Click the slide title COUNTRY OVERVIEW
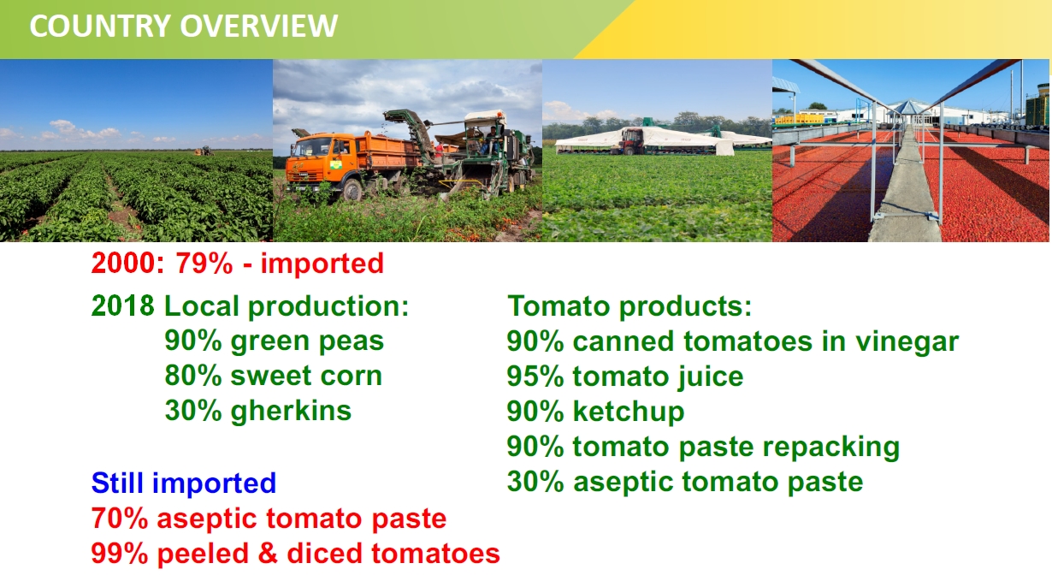pos(184,26)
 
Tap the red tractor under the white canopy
pos(632,141)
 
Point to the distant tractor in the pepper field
pos(204,151)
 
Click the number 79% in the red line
pos(204,263)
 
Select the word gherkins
pos(291,411)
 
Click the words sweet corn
pos(306,376)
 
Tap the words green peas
pos(307,342)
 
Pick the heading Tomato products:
pos(629,306)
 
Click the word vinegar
pos(907,342)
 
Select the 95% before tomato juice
pos(535,376)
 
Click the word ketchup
pos(629,412)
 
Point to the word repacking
pos(831,448)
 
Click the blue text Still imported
pos(184,483)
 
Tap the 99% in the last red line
pos(120,554)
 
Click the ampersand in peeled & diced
pos(268,554)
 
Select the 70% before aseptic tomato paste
pos(120,519)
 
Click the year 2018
pos(122,305)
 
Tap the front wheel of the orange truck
pos(352,190)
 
